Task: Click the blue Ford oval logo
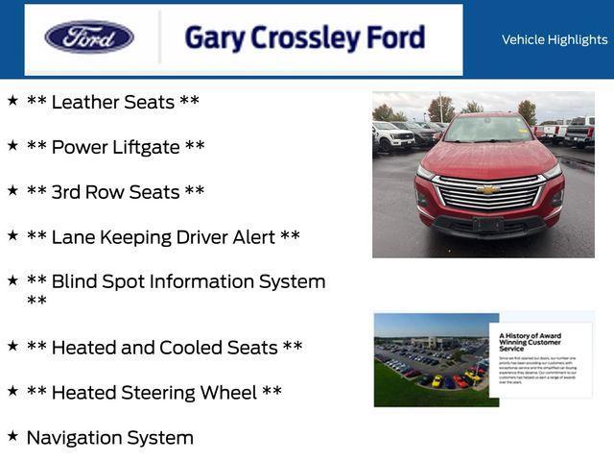pyautogui.click(x=89, y=37)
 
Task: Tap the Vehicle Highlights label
pyautogui.click(x=555, y=39)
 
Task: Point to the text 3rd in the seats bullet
pyautogui.click(x=65, y=192)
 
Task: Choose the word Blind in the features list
pyautogui.click(x=74, y=281)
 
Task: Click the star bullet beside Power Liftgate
pyautogui.click(x=12, y=145)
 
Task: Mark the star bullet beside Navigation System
pyautogui.click(x=12, y=436)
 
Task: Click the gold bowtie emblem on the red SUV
pyautogui.click(x=488, y=189)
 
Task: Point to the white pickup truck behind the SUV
pyautogui.click(x=390, y=135)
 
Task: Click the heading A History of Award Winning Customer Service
pyautogui.click(x=531, y=341)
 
